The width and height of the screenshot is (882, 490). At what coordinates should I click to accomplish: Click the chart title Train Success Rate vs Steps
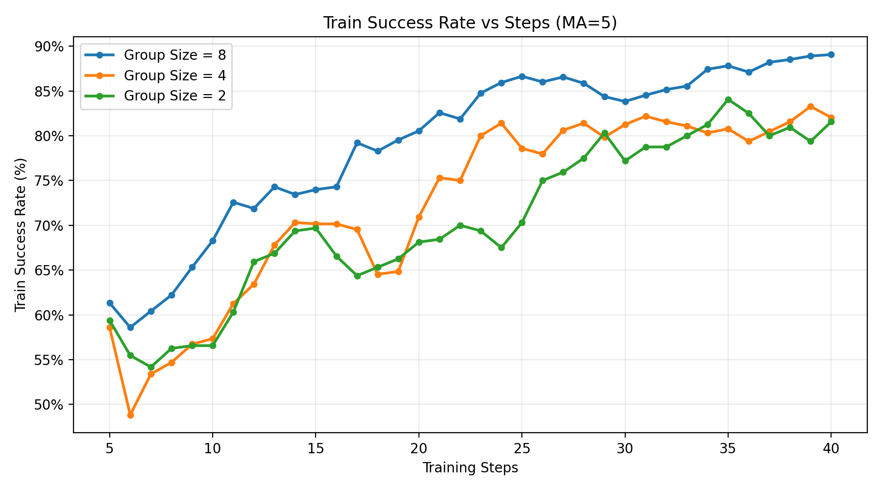pyautogui.click(x=470, y=23)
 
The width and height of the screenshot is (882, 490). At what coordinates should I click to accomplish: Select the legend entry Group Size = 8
pyautogui.click(x=174, y=55)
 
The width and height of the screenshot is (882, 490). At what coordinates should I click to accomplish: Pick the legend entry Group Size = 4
pyautogui.click(x=174, y=75)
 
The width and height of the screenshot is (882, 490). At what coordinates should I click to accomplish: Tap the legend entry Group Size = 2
pyautogui.click(x=174, y=96)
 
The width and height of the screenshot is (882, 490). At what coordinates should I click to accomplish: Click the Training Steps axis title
pyautogui.click(x=470, y=468)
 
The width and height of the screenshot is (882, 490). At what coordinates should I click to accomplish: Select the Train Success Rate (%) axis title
pyautogui.click(x=20, y=235)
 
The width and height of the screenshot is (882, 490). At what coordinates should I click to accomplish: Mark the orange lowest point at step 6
pyautogui.click(x=130, y=415)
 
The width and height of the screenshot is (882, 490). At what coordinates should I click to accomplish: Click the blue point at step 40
pyautogui.click(x=831, y=54)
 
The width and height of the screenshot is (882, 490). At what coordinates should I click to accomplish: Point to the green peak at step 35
pyautogui.click(x=728, y=99)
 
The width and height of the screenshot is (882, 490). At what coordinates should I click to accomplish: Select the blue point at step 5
pyautogui.click(x=110, y=303)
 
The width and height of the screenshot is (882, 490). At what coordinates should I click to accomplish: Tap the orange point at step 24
pyautogui.click(x=501, y=123)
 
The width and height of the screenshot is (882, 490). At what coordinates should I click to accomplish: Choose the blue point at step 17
pyautogui.click(x=357, y=143)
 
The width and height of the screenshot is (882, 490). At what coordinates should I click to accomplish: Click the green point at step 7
pyautogui.click(x=151, y=367)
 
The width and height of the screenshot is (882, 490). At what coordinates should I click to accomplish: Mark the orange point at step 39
pyautogui.click(x=810, y=106)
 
